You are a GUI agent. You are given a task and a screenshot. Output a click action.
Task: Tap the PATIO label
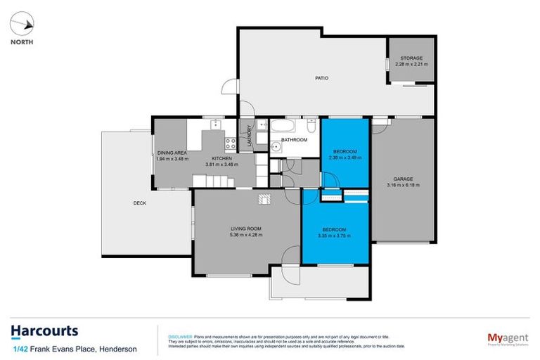[321, 78]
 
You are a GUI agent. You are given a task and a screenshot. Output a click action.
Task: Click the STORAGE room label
[411, 58]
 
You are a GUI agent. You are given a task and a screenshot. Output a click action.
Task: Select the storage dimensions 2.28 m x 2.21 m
[411, 64]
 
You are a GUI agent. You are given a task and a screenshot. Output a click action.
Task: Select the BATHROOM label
[295, 140]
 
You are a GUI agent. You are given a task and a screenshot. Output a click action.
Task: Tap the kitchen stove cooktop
[229, 143]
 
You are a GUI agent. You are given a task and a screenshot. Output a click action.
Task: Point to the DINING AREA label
[171, 153]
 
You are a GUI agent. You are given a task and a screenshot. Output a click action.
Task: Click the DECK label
[140, 203]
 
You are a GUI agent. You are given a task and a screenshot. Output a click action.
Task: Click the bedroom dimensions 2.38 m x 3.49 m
[345, 158]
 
